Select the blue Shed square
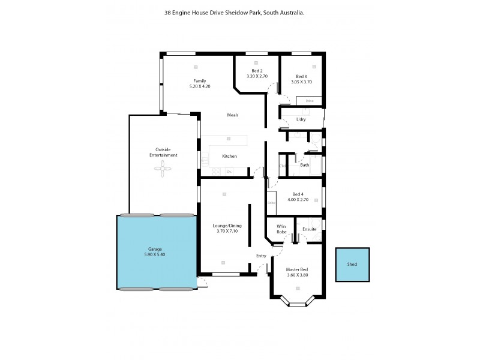[352, 265]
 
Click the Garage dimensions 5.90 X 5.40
[155, 254]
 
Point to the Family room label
[199, 81]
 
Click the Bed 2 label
[257, 71]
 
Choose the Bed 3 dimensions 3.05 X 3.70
[301, 82]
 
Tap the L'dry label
[301, 119]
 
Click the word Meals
[233, 115]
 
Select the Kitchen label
[229, 156]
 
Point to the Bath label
[305, 165]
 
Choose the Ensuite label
[310, 229]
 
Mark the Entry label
[261, 256]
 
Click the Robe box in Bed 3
[310, 101]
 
